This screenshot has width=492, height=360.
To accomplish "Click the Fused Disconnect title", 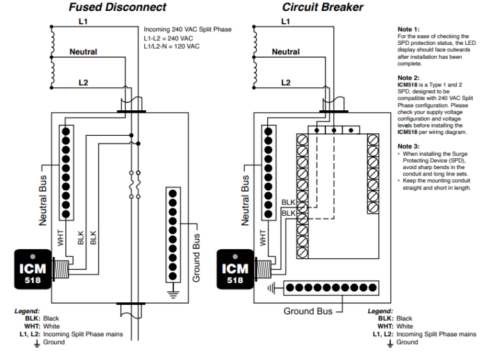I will pos(117,8).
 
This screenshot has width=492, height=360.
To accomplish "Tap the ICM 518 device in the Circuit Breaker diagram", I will pos(235,268).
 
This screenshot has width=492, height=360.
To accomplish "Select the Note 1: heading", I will pos(409,29).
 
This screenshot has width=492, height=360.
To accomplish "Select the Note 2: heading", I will pos(409,78).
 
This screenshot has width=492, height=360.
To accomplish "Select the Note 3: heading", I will pos(409,147).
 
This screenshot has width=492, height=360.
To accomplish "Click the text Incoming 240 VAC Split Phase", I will pos(188,29).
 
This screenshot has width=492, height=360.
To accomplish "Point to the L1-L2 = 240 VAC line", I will pos(168,38).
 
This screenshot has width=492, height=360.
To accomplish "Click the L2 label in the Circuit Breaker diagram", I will pos(285,83).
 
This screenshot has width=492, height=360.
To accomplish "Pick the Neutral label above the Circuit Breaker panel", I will pos(286,52).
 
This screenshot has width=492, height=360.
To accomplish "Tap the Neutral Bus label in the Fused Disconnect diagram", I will pos(44,199).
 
